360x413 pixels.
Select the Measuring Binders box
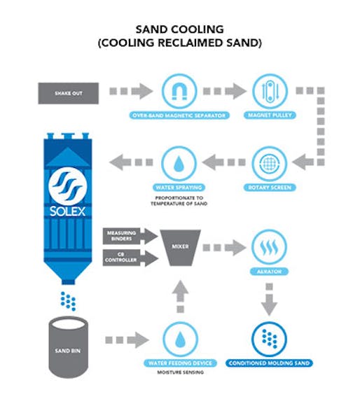click(120, 235)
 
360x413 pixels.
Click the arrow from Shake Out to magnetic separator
click(130, 92)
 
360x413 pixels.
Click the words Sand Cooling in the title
click(181, 29)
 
